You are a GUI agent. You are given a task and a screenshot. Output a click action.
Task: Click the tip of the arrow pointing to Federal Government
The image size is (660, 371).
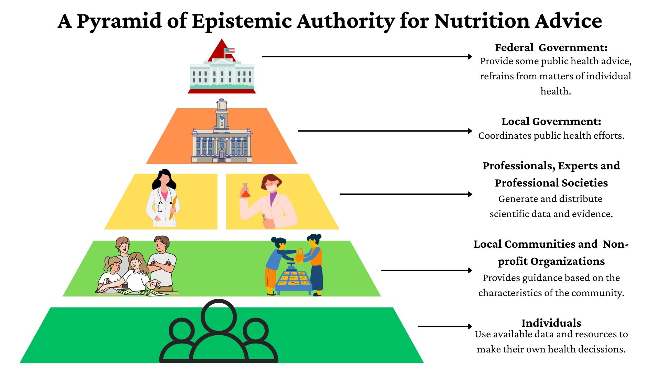472,57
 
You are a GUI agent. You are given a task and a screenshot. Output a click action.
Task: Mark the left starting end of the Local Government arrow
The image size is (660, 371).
298,131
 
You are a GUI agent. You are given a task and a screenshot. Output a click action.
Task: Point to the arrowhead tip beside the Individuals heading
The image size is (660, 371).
472,326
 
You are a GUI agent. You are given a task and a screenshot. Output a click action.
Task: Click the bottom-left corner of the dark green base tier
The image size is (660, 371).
20,363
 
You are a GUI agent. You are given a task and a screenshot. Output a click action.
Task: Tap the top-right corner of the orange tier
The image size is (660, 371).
267,109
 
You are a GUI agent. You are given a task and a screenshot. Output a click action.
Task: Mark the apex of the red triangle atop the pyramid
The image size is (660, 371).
222,39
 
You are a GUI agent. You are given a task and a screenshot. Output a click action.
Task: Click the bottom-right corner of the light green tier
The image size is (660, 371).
381,296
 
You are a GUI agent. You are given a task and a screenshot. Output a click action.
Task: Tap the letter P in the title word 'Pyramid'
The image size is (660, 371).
83,21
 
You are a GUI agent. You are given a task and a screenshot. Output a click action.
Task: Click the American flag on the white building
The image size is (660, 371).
230,50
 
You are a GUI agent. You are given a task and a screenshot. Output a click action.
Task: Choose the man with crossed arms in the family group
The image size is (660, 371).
162,263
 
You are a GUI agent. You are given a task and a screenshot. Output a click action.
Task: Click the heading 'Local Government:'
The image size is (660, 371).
551,122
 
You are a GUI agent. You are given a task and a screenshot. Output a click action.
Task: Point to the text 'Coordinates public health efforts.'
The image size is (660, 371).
551,136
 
